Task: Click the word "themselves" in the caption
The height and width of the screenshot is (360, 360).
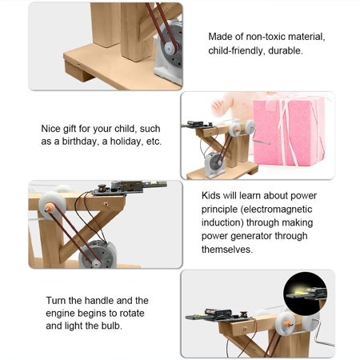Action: tap(234, 249)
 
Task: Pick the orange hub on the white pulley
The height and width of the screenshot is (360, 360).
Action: tap(50, 206)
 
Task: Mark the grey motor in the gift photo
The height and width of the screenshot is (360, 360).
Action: tap(214, 164)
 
